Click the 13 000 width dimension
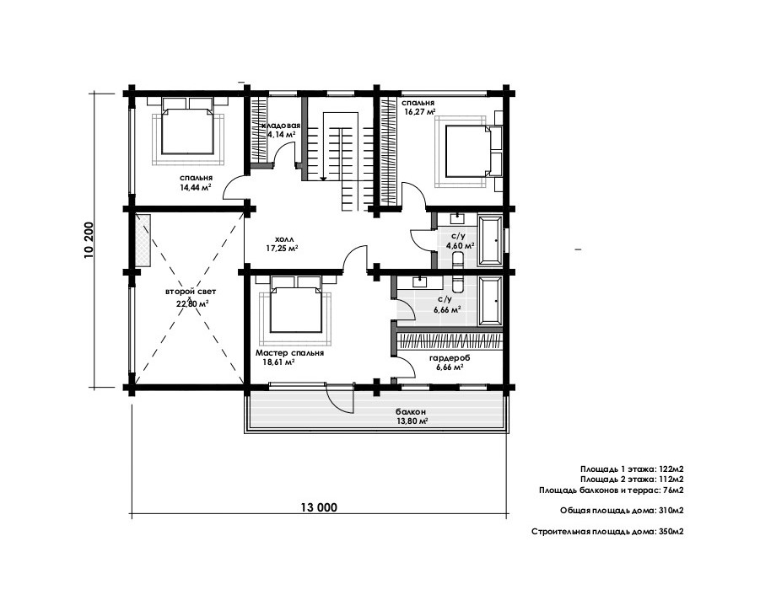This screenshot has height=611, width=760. (x=319, y=507)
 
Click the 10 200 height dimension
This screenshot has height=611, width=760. (x=89, y=240)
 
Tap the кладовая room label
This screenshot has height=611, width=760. (x=284, y=126)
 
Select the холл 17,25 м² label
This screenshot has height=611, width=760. (x=281, y=244)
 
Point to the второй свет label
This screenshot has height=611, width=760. (x=191, y=292)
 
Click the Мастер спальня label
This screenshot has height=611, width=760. (x=289, y=353)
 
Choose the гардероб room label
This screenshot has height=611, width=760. (x=450, y=358)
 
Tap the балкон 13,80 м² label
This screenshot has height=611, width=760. (x=411, y=416)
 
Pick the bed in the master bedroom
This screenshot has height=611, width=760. (x=296, y=304)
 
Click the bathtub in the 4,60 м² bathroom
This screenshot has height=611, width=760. (x=491, y=240)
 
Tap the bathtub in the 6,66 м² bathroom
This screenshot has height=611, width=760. (x=491, y=300)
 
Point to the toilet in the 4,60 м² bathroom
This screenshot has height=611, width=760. (x=456, y=259)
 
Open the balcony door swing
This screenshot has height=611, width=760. (x=339, y=398)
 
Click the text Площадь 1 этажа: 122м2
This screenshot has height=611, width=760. (x=632, y=469)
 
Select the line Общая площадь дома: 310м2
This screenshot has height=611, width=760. (x=622, y=511)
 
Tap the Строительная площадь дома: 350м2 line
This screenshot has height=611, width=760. (x=608, y=531)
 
